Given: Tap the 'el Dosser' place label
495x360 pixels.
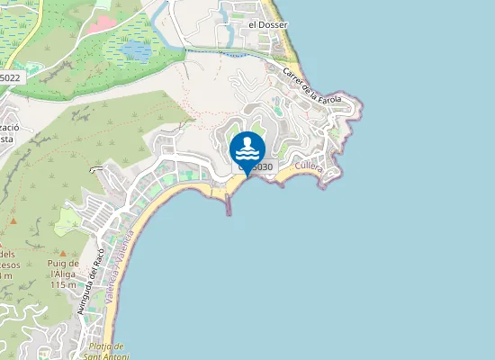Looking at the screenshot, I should pyautogui.click(x=267, y=24).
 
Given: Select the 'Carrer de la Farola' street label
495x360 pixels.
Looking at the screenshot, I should pyautogui.click(x=311, y=85).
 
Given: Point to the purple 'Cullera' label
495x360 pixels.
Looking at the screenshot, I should pyautogui.click(x=308, y=167).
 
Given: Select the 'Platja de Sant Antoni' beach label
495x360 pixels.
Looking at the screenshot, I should pyautogui.click(x=107, y=351).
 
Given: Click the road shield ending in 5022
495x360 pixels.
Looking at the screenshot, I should pyautogui.click(x=10, y=78).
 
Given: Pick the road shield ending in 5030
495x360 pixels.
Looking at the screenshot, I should pyautogui.click(x=258, y=166).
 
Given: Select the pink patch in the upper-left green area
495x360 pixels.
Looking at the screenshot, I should pyautogui.click(x=103, y=4).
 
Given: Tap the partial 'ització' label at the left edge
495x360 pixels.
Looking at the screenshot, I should pyautogui.click(x=9, y=128).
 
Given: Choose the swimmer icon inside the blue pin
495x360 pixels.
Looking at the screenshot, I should pyautogui.click(x=247, y=147).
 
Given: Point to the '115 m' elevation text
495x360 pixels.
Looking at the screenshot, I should pyautogui.click(x=63, y=284).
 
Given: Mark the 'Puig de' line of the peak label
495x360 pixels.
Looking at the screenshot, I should pyautogui.click(x=63, y=263).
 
